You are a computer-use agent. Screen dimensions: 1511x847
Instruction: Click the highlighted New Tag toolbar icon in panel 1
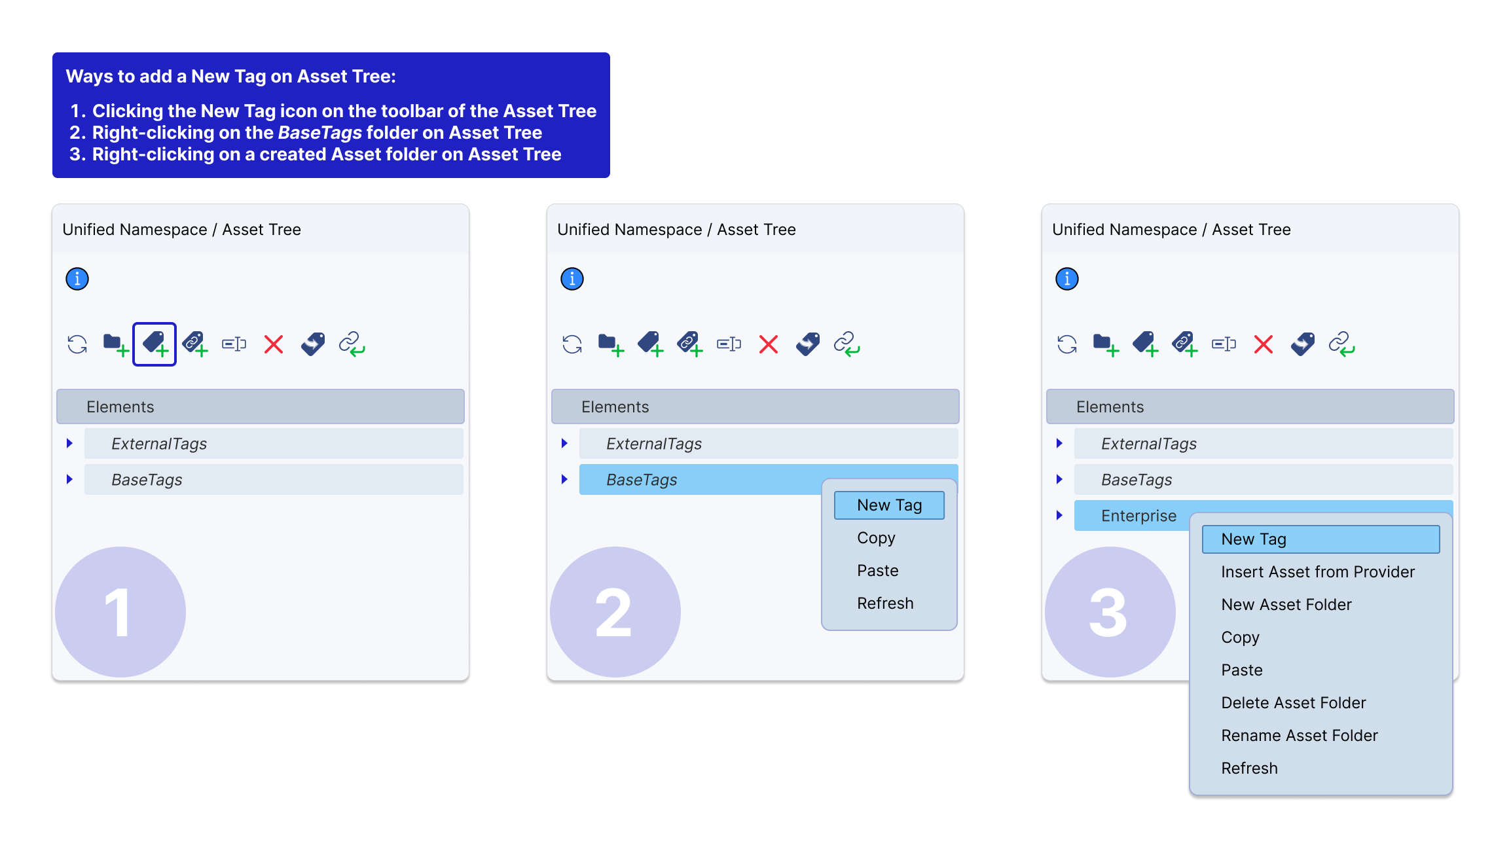point(155,344)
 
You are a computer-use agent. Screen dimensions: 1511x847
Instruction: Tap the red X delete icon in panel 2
point(769,344)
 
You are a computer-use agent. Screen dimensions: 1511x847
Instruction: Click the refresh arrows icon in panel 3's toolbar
point(1067,344)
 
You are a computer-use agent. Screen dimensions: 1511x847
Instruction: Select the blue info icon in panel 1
point(77,279)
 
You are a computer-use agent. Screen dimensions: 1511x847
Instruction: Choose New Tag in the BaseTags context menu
point(889,505)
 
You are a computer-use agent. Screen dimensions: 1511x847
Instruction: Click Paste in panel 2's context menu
point(877,571)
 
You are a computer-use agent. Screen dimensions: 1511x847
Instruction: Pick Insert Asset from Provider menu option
point(1318,572)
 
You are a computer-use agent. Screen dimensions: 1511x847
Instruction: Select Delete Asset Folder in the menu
point(1294,703)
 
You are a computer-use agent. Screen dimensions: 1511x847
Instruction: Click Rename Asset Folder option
point(1300,736)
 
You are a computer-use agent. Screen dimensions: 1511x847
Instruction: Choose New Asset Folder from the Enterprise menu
point(1286,605)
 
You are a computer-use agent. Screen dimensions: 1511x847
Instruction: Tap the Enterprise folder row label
point(1138,516)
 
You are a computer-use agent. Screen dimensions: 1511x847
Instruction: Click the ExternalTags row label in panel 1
point(159,444)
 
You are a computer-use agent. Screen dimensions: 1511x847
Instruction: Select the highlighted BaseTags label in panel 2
point(642,480)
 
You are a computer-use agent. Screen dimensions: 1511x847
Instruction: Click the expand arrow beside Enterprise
point(1059,515)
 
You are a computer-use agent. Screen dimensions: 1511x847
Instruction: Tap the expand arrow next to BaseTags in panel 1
point(69,479)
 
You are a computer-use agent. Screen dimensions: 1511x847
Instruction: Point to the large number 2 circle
point(615,612)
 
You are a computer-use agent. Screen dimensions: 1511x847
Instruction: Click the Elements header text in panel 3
point(1110,407)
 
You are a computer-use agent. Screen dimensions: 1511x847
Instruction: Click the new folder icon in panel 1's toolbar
point(115,344)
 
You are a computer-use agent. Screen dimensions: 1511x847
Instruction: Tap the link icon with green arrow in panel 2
point(847,344)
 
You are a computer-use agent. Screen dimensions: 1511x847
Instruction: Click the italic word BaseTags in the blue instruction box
point(320,133)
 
